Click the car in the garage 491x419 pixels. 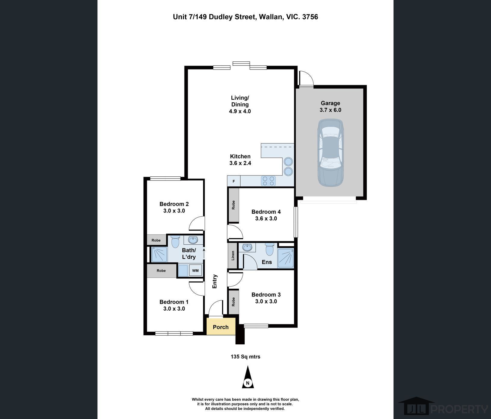point(330,153)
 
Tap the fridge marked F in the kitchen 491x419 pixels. point(234,181)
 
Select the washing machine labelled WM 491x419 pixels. point(196,270)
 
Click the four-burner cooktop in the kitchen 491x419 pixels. point(268,181)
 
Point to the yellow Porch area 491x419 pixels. point(221,327)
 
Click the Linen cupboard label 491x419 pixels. point(233,256)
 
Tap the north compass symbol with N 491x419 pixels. point(248,377)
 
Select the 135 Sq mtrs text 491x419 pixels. point(245,357)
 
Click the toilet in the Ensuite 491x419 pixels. point(270,249)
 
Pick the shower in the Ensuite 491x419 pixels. point(286,258)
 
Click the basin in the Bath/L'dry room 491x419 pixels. point(193,240)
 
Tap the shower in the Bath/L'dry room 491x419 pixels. point(159,254)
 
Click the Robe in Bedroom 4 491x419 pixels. point(233,205)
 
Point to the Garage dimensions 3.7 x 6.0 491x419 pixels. point(330,110)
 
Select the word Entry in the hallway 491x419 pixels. point(215,281)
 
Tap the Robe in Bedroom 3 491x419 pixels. point(233,302)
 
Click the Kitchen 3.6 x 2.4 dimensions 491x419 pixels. point(240,163)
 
